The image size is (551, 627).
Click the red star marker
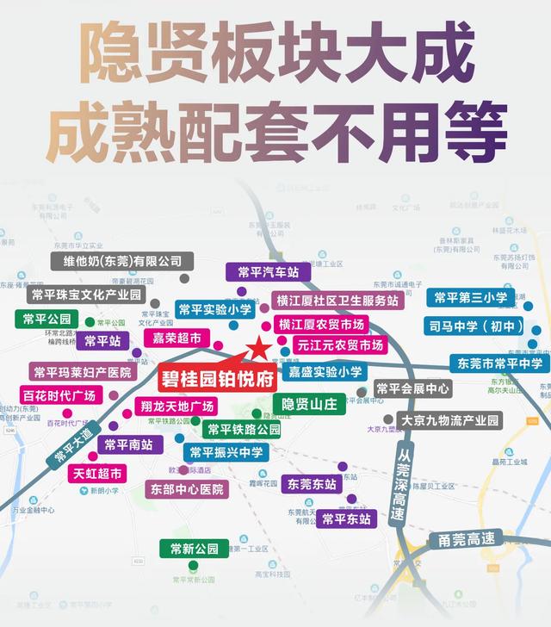pyautogui.click(x=257, y=349)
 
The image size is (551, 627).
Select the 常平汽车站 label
pyautogui.click(x=268, y=271)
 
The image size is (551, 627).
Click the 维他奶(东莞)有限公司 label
pyautogui.click(x=121, y=261)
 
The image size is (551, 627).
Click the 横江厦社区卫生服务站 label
pyautogui.click(x=337, y=301)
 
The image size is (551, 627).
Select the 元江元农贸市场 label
pyautogui.click(x=339, y=345)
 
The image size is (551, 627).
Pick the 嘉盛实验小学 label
pyautogui.click(x=325, y=372)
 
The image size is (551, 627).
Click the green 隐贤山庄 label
pyautogui.click(x=309, y=402)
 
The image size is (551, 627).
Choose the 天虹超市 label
pyautogui.click(x=97, y=473)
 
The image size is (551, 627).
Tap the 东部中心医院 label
pyautogui.click(x=187, y=489)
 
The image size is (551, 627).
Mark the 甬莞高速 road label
pyautogui.click(x=467, y=539)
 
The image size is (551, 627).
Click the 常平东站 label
pyautogui.click(x=346, y=518)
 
